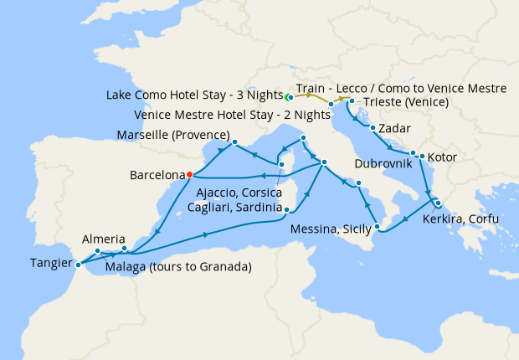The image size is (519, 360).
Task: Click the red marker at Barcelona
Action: pyautogui.click(x=190, y=174)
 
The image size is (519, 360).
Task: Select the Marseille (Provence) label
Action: pyautogui.click(x=175, y=135)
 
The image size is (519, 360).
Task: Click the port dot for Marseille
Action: pyautogui.click(x=235, y=141)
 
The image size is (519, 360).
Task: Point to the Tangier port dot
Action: pyautogui.click(x=79, y=265)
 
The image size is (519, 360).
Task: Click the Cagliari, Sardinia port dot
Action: pyautogui.click(x=286, y=210)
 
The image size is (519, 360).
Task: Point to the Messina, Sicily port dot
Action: pyautogui.click(x=377, y=226)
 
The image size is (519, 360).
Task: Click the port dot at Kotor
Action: pyautogui.click(x=421, y=156)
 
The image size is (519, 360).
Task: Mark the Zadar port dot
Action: pyautogui.click(x=372, y=128)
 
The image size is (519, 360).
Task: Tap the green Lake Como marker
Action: pyautogui.click(x=289, y=96)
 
